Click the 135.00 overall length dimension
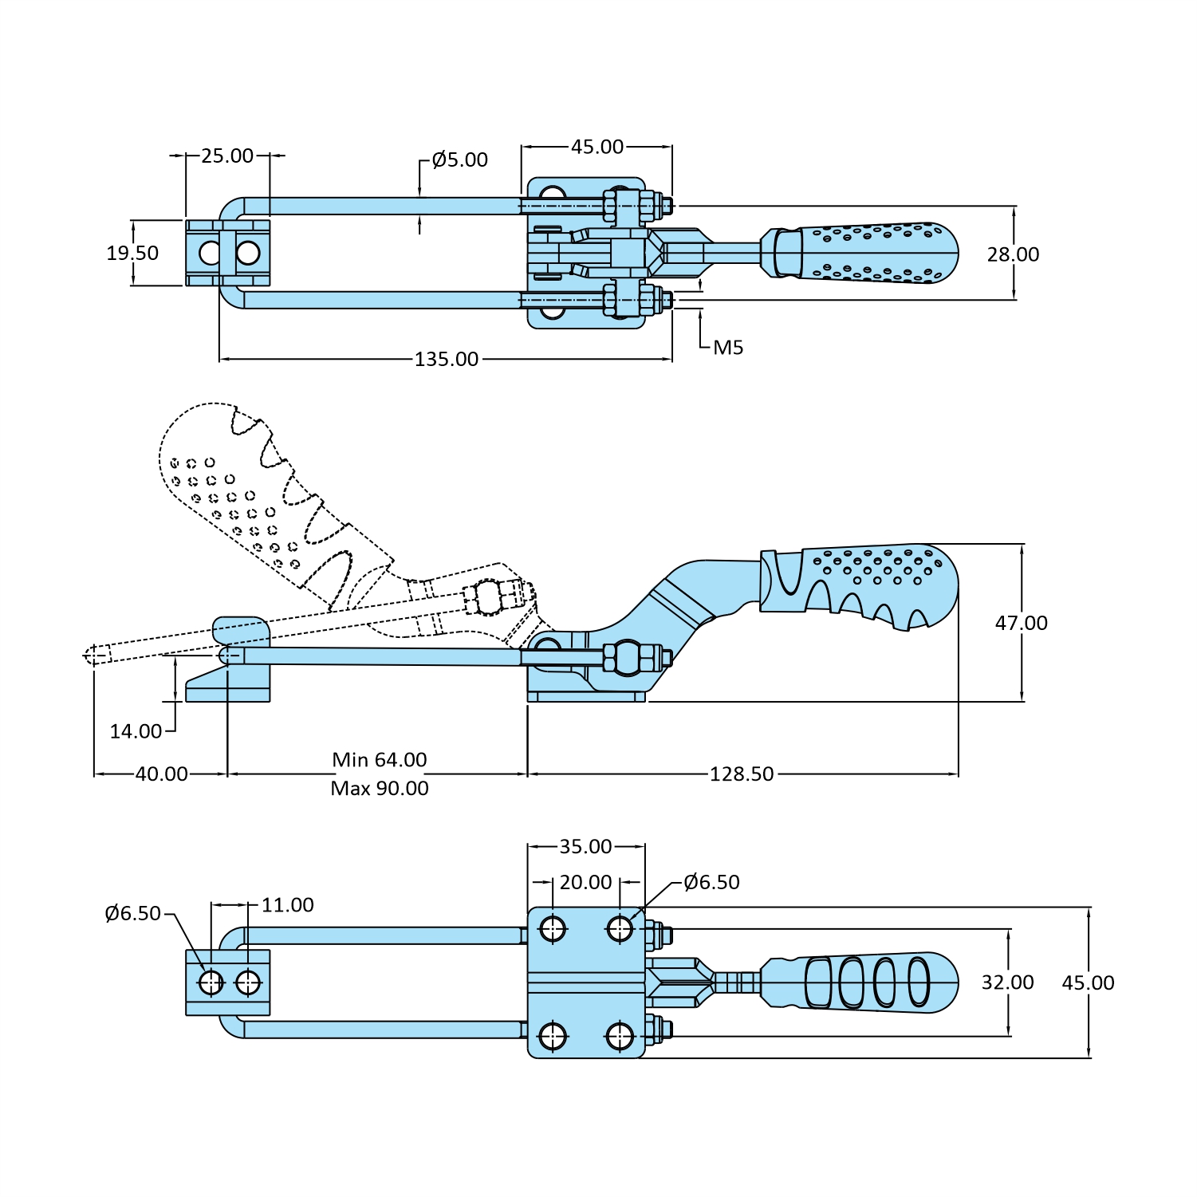coord(446,360)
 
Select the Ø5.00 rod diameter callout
coord(459,160)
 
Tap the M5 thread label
coord(727,348)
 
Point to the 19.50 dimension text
coord(132,254)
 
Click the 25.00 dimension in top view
coord(226,156)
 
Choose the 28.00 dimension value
coord(1013,254)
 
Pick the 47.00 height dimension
coord(1021,623)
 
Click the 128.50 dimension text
coord(742,774)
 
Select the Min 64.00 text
coord(380,760)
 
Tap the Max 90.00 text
coord(380,789)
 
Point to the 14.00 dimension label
coord(136,731)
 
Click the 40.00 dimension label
coord(161,774)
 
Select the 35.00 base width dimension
coord(585,847)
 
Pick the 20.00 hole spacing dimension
coord(585,883)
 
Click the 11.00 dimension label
coord(287,905)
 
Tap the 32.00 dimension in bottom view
coord(1007,982)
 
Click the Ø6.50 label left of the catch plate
coord(132,914)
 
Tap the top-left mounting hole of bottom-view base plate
coord(552,928)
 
